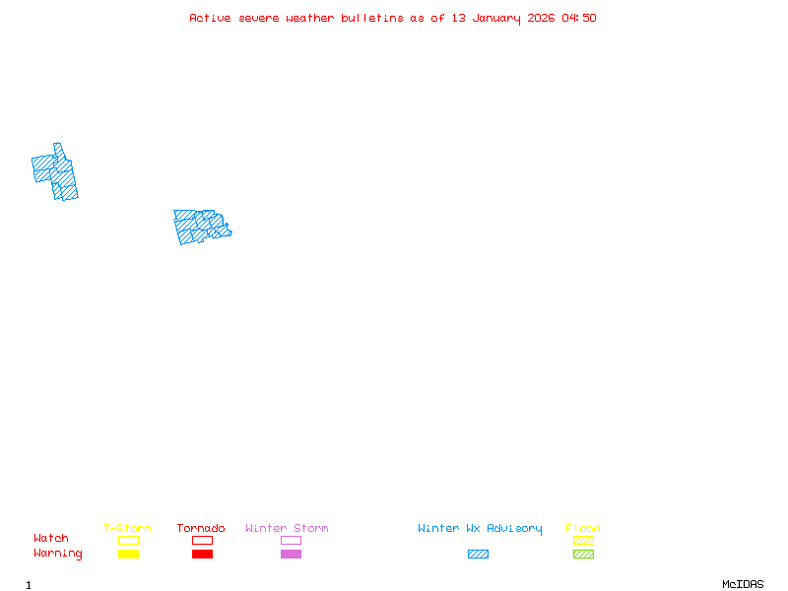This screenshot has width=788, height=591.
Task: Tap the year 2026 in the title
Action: [x=543, y=18]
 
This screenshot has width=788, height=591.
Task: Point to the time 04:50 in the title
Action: [x=580, y=18]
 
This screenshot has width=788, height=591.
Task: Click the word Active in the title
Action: [x=210, y=18]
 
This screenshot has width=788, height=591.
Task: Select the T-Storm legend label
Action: [x=127, y=529]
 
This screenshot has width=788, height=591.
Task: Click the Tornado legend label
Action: [x=201, y=529]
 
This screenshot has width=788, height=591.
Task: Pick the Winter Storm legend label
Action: [x=287, y=529]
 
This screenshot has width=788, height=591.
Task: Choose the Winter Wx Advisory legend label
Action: [x=480, y=529]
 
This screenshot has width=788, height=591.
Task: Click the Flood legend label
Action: [x=583, y=529]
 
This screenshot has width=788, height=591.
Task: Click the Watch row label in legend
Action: [x=51, y=539]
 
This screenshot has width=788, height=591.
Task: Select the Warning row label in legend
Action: [x=58, y=554]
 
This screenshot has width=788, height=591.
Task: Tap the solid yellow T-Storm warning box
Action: [x=128, y=555]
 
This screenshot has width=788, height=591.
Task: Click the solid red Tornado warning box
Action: [x=202, y=555]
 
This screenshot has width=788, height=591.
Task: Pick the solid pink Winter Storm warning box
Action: [x=291, y=555]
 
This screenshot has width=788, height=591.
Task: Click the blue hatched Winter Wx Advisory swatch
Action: [x=478, y=555]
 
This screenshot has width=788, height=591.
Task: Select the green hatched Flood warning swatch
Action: [x=583, y=555]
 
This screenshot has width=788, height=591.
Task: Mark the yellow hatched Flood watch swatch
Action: [x=583, y=541]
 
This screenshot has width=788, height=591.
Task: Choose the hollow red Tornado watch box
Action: [x=202, y=541]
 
